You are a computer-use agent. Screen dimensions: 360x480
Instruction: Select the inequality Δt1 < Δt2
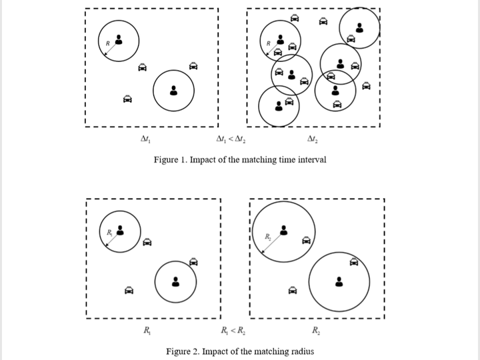230,139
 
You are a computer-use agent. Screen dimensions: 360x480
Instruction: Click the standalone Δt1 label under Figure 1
145,139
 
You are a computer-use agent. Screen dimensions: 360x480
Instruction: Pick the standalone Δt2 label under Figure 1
313,139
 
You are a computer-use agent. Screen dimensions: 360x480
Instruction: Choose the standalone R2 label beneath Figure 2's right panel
316,331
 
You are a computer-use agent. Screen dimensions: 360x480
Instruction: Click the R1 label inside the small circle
109,233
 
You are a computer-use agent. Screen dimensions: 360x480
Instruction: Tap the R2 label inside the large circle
267,237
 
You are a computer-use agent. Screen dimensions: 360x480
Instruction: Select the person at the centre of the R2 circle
284,229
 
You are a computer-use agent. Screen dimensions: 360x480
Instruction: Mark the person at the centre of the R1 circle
120,230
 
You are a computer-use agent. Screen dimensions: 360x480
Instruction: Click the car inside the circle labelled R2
307,241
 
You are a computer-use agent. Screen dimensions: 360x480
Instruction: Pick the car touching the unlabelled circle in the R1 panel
193,262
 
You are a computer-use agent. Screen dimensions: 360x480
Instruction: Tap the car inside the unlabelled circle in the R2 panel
355,262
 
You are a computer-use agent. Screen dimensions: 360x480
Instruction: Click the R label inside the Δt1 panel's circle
107,44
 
